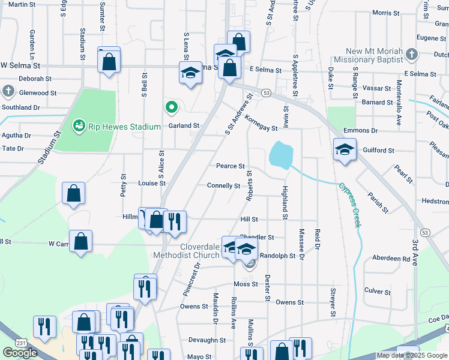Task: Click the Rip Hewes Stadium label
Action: point(123,127)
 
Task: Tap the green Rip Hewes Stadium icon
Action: point(77,126)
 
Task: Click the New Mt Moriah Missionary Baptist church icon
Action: point(412,55)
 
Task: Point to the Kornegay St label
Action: point(261,123)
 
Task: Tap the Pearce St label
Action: point(231,166)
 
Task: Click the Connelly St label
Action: point(223,186)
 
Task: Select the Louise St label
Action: point(151,183)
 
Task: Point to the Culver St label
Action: point(378,292)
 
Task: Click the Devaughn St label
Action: point(206,340)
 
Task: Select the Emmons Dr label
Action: point(360,130)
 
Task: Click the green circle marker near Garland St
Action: point(171,108)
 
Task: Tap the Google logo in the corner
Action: point(20,353)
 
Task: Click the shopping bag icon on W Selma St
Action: point(109,61)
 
